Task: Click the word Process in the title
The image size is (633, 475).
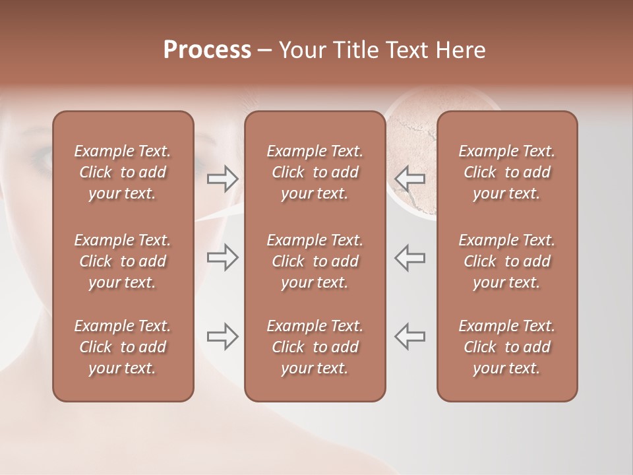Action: [207, 50]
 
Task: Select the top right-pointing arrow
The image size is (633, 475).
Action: [222, 179]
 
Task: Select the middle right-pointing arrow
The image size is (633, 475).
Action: [222, 257]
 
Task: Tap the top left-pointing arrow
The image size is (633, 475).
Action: [410, 179]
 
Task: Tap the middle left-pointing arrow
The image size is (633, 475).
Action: [410, 257]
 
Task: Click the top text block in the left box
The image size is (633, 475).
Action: [123, 172]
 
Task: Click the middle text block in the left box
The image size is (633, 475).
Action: [123, 261]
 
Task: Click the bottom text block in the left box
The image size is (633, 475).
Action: [123, 347]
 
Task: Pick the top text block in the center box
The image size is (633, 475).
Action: [315, 172]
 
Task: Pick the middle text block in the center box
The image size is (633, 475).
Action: [315, 261]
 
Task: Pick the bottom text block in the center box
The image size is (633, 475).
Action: [315, 347]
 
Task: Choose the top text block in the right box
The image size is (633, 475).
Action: [507, 172]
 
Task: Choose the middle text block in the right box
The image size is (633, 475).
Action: [507, 261]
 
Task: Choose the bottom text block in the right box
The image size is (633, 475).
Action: [507, 347]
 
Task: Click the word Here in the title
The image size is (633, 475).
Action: [459, 50]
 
